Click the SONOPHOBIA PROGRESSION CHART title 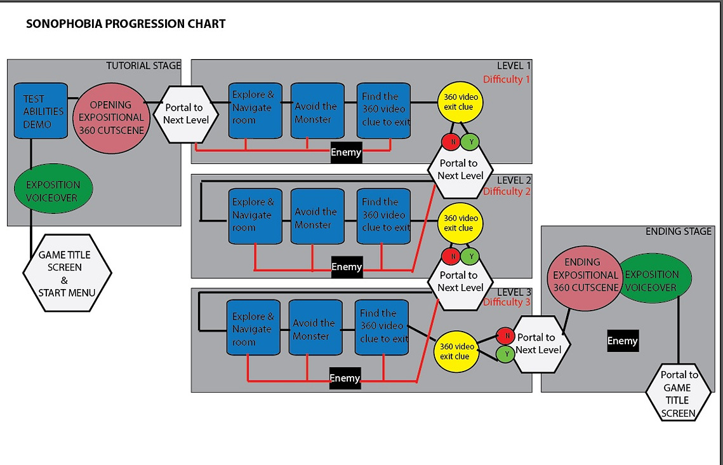click(x=126, y=24)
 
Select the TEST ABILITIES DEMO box click(x=41, y=111)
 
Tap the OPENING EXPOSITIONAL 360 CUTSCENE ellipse click(x=111, y=118)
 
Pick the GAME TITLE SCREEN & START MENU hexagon click(x=67, y=273)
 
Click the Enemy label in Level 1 click(x=346, y=152)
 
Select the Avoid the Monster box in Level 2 click(x=317, y=217)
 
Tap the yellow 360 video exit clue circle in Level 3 click(x=456, y=351)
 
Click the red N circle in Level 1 click(x=451, y=142)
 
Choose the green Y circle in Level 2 click(x=470, y=257)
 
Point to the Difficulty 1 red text click(x=507, y=79)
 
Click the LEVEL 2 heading click(x=514, y=180)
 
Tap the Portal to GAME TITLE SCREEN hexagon click(x=679, y=393)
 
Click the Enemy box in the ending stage click(x=623, y=341)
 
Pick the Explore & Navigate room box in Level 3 click(x=253, y=328)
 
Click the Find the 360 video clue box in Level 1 click(x=383, y=111)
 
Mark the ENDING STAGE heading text click(x=679, y=232)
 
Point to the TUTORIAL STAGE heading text click(x=143, y=66)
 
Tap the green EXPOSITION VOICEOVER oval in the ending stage click(x=654, y=278)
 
